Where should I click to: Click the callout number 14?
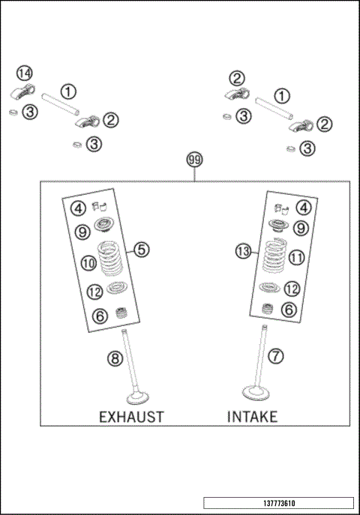[25, 73]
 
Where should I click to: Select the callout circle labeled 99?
[195, 160]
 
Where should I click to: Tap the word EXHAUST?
[131, 416]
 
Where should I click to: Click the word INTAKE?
[252, 416]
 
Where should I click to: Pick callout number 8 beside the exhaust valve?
[115, 358]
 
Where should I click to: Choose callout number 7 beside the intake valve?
[277, 356]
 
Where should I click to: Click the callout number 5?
[142, 250]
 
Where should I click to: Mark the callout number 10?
[88, 262]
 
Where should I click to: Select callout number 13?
[243, 253]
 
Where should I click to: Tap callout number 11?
[296, 257]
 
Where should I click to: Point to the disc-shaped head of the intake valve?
[255, 392]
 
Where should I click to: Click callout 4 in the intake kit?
[301, 208]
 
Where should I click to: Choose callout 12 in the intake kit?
[292, 288]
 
